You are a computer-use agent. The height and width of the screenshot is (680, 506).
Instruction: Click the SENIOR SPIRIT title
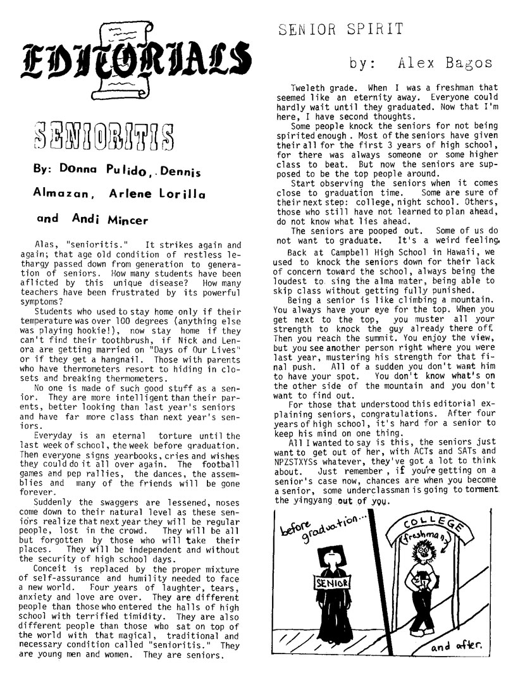pyautogui.click(x=340, y=28)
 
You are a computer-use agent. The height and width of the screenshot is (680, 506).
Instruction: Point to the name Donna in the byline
pyautogui.click(x=78, y=172)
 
